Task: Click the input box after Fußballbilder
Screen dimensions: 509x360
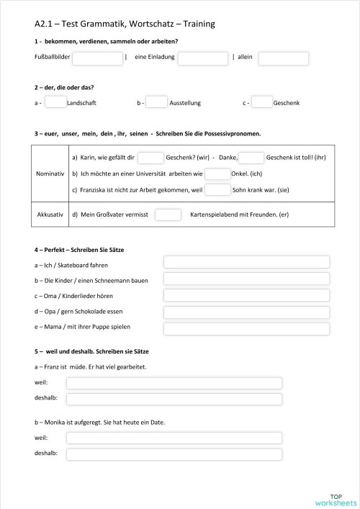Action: tap(97, 58)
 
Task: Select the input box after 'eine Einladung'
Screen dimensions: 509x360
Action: tap(203, 58)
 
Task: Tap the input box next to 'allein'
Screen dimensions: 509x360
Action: tap(283, 58)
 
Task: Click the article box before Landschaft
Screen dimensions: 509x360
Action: tap(55, 103)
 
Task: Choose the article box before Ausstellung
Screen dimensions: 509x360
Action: tap(156, 103)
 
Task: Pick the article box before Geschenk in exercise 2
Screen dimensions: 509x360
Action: tap(262, 103)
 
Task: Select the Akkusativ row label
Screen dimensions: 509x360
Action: tap(50, 214)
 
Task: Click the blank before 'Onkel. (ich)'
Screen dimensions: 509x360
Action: tap(217, 174)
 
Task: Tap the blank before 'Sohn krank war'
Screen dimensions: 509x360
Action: tap(217, 190)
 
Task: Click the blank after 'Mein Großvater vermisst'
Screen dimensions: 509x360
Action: tap(168, 214)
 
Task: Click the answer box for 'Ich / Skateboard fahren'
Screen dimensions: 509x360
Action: tap(246, 262)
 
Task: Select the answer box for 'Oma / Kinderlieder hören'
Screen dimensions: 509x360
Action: tap(246, 296)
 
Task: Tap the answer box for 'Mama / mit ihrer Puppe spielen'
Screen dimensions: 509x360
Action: tap(246, 330)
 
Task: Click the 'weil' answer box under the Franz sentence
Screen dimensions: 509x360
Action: tap(174, 383)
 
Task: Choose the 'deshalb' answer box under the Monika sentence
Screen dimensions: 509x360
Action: tap(174, 454)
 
